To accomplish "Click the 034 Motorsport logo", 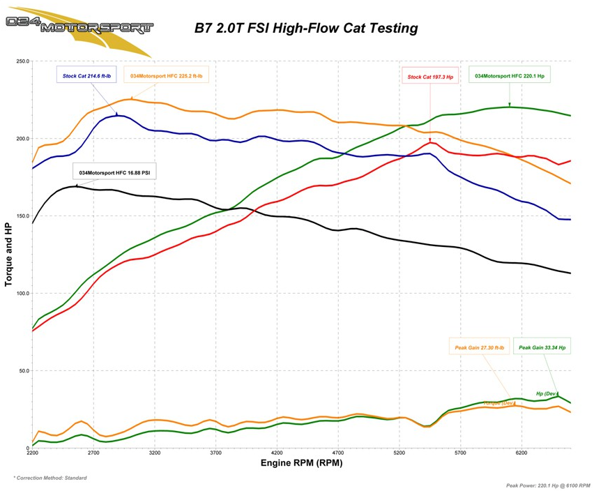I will pos(78,27).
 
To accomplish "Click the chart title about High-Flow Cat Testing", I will pos(305,29).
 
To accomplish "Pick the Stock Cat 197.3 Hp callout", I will pos(431,77).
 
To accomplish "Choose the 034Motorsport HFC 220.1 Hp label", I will pos(510,75).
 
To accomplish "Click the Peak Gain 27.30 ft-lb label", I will pos(480,347).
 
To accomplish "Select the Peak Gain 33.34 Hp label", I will pos(542,347).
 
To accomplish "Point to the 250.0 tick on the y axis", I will pos(21,61).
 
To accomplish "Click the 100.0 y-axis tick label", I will pos(21,293).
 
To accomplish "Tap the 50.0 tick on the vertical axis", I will pos(22,370).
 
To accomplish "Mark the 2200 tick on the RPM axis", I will pos(32,453).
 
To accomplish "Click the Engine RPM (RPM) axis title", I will pos(301,462).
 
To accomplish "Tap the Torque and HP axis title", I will pos(9,254).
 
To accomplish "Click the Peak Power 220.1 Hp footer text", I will pos(549,485).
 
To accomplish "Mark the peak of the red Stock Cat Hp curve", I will pos(432,142).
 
